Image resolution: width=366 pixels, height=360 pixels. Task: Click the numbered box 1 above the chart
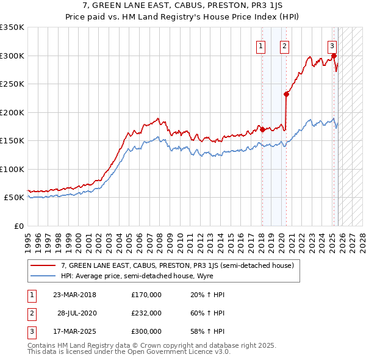(261, 45)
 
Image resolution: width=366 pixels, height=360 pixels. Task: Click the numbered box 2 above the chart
(285, 45)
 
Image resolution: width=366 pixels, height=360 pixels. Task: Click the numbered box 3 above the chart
(332, 45)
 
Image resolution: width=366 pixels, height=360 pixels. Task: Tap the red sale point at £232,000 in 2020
(285, 94)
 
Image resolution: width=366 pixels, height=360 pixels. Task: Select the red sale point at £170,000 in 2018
(262, 129)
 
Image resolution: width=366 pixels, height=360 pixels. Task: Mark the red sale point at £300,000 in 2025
(334, 56)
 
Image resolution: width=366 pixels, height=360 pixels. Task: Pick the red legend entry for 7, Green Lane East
(177, 265)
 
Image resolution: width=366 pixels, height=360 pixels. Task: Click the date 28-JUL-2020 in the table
(77, 313)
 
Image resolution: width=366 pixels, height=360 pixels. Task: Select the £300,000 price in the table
(146, 331)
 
